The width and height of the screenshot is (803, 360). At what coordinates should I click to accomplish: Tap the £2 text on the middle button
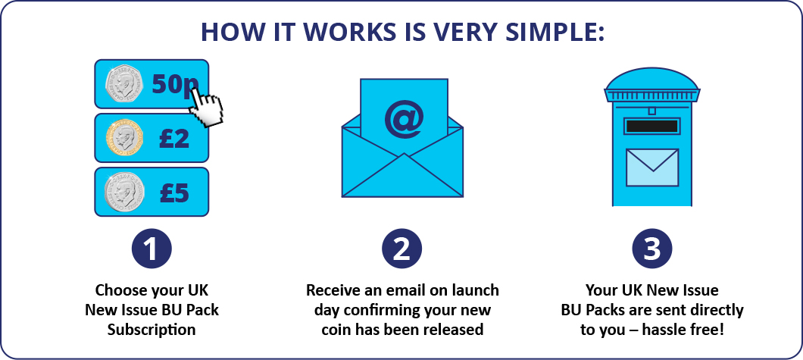tap(174, 139)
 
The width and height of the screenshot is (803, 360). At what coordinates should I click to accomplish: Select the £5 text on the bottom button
tap(174, 193)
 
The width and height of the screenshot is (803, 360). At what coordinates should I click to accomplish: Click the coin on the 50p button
tap(124, 84)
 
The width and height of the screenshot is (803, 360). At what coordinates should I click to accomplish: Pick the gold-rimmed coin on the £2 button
tap(124, 138)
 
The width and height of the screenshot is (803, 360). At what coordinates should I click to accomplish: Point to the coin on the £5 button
tap(124, 193)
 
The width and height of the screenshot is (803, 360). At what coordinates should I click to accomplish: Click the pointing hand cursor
tap(205, 106)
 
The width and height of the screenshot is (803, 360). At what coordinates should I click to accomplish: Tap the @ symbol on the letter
tap(404, 119)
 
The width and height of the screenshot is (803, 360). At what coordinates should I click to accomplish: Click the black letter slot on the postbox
tap(652, 126)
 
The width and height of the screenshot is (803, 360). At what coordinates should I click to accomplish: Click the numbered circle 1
tap(152, 249)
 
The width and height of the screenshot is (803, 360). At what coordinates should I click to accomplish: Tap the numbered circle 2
tap(402, 249)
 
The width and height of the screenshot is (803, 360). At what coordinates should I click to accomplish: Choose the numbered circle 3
tap(652, 249)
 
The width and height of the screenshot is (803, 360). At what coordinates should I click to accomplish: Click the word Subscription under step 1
tap(152, 329)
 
